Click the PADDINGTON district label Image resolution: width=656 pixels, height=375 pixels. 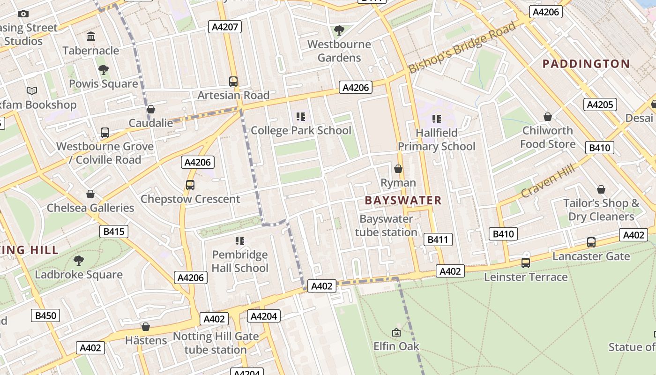tap(586, 64)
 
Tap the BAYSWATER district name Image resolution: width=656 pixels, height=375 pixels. tap(403, 201)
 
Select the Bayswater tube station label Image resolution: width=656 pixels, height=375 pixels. tap(386, 225)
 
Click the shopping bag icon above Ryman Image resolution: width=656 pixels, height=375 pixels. tap(398, 169)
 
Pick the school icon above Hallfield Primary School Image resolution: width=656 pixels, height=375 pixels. tap(437, 119)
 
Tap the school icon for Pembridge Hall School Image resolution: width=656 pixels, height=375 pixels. tap(240, 241)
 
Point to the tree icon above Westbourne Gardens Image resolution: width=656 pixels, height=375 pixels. tap(339, 30)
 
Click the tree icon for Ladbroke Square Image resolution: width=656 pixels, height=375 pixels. tap(79, 261)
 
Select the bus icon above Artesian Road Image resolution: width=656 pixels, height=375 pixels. tap(233, 82)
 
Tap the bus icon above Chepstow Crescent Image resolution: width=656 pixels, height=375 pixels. tap(190, 185)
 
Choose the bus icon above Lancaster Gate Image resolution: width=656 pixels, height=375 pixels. tap(591, 242)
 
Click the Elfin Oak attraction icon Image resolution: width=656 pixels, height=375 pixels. tap(396, 332)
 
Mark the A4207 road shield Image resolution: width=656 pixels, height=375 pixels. tap(225, 27)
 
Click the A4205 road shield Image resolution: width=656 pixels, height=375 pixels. tap(600, 105)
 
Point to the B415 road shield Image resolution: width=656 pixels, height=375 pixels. tap(114, 231)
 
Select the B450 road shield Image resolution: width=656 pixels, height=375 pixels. tap(46, 315)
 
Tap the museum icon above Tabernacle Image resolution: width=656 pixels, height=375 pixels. tap(91, 37)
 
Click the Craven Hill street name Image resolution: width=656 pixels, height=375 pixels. tap(547, 181)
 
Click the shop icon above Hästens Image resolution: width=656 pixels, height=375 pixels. tap(146, 327)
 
